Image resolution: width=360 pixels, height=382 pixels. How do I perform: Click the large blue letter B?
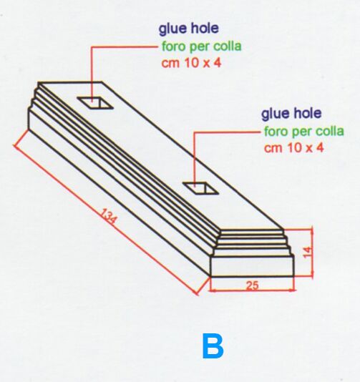coord(213,346)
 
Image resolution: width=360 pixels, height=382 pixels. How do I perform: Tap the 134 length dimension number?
coord(109,217)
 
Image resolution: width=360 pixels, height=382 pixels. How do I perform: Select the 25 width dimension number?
coord(252,285)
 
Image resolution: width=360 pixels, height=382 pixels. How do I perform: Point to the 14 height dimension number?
coord(308,251)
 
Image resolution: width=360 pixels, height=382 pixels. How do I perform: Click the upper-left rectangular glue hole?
coord(94,102)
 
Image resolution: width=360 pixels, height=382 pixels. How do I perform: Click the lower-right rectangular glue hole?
coord(200,188)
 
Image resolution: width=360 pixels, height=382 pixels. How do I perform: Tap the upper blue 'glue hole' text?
coord(189,29)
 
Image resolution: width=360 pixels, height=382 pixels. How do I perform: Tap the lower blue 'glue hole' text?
coord(291,114)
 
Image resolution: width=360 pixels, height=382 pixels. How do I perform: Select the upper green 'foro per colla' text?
coord(202,46)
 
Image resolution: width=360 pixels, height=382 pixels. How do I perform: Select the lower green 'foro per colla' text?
coord(304,131)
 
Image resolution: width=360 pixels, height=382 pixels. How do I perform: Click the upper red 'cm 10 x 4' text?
coord(191,63)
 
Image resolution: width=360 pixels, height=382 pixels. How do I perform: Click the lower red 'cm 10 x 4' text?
coord(293,148)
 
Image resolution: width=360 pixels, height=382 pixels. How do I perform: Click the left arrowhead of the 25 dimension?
coord(213,290)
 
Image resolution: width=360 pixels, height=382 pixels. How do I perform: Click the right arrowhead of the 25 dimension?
coord(292,290)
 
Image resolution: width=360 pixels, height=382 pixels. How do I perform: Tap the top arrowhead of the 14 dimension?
coord(312,232)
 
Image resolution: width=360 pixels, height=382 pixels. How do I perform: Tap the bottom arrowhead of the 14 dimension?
coord(312,273)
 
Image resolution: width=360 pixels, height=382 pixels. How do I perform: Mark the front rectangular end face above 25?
coord(252,266)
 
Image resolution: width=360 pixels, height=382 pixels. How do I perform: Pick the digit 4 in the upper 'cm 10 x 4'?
coord(218,63)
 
